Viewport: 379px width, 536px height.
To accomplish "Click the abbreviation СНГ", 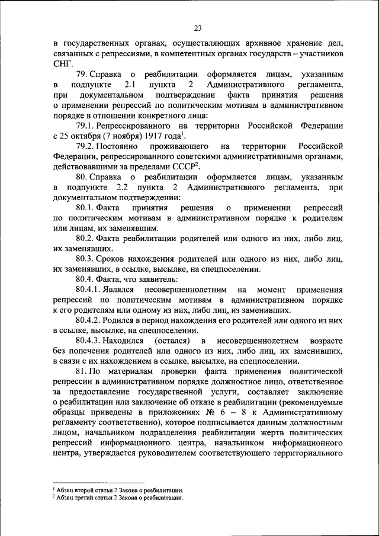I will pyautogui.click(x=62, y=64).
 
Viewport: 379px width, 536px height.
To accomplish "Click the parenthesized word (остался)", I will pyautogui.click(x=171, y=341).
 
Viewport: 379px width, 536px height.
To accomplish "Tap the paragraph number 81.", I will pyautogui.click(x=82, y=372).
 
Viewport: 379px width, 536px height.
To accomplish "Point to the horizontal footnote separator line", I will pyautogui.click(x=98, y=483).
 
